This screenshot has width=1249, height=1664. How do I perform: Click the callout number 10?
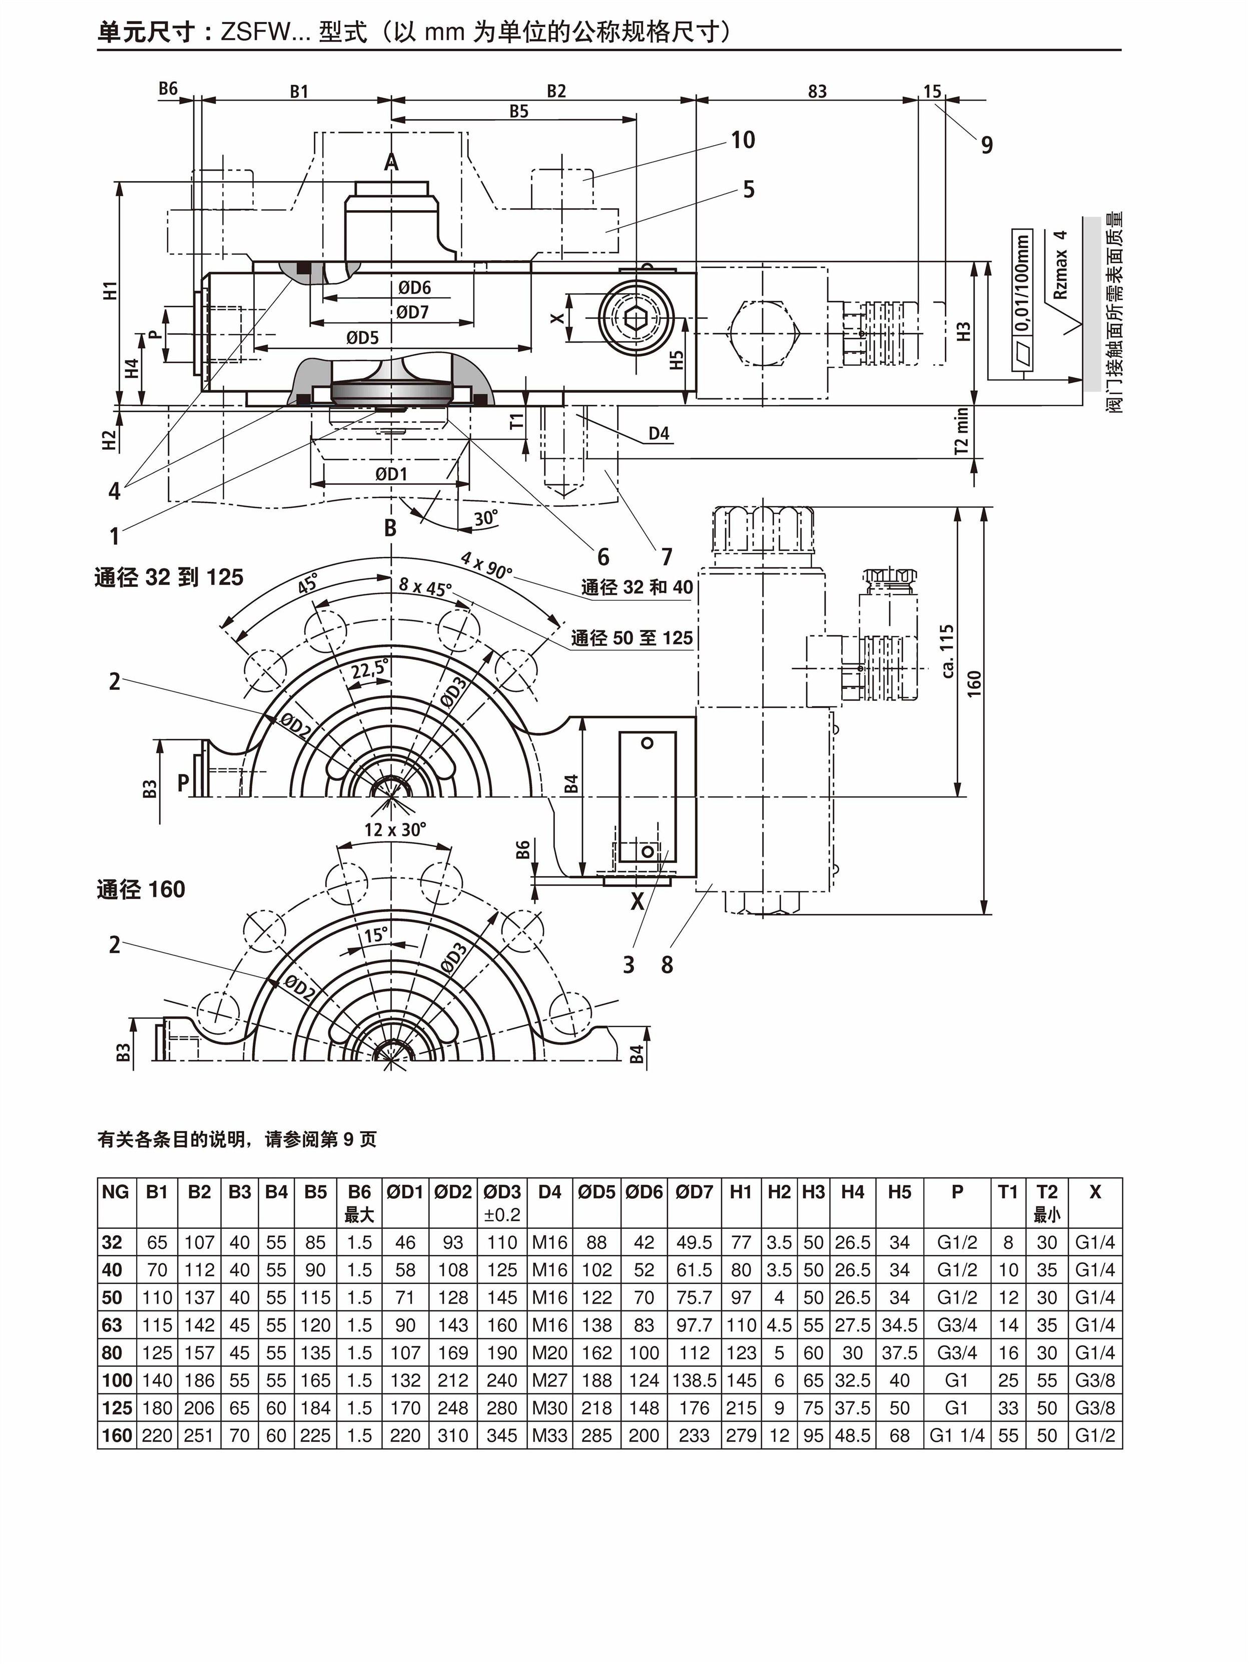point(743,140)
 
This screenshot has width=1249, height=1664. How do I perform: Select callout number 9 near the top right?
point(986,145)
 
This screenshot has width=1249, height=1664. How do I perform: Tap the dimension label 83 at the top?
point(817,92)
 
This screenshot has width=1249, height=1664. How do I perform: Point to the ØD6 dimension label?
point(414,287)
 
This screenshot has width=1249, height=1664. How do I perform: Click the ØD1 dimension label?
point(391,474)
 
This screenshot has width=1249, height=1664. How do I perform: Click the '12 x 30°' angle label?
point(395,829)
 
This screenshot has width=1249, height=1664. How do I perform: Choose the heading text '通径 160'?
point(141,890)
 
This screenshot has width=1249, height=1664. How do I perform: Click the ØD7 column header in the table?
point(694,1192)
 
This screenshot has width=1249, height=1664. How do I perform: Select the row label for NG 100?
point(117,1380)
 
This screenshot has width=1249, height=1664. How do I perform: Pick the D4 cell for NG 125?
point(549,1408)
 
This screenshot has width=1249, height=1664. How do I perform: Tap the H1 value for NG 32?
point(741,1243)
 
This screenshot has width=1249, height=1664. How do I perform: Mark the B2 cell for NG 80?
point(199,1353)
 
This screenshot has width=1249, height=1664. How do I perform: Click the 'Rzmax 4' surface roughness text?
point(1061,265)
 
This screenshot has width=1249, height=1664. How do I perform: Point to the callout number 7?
point(667,557)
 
